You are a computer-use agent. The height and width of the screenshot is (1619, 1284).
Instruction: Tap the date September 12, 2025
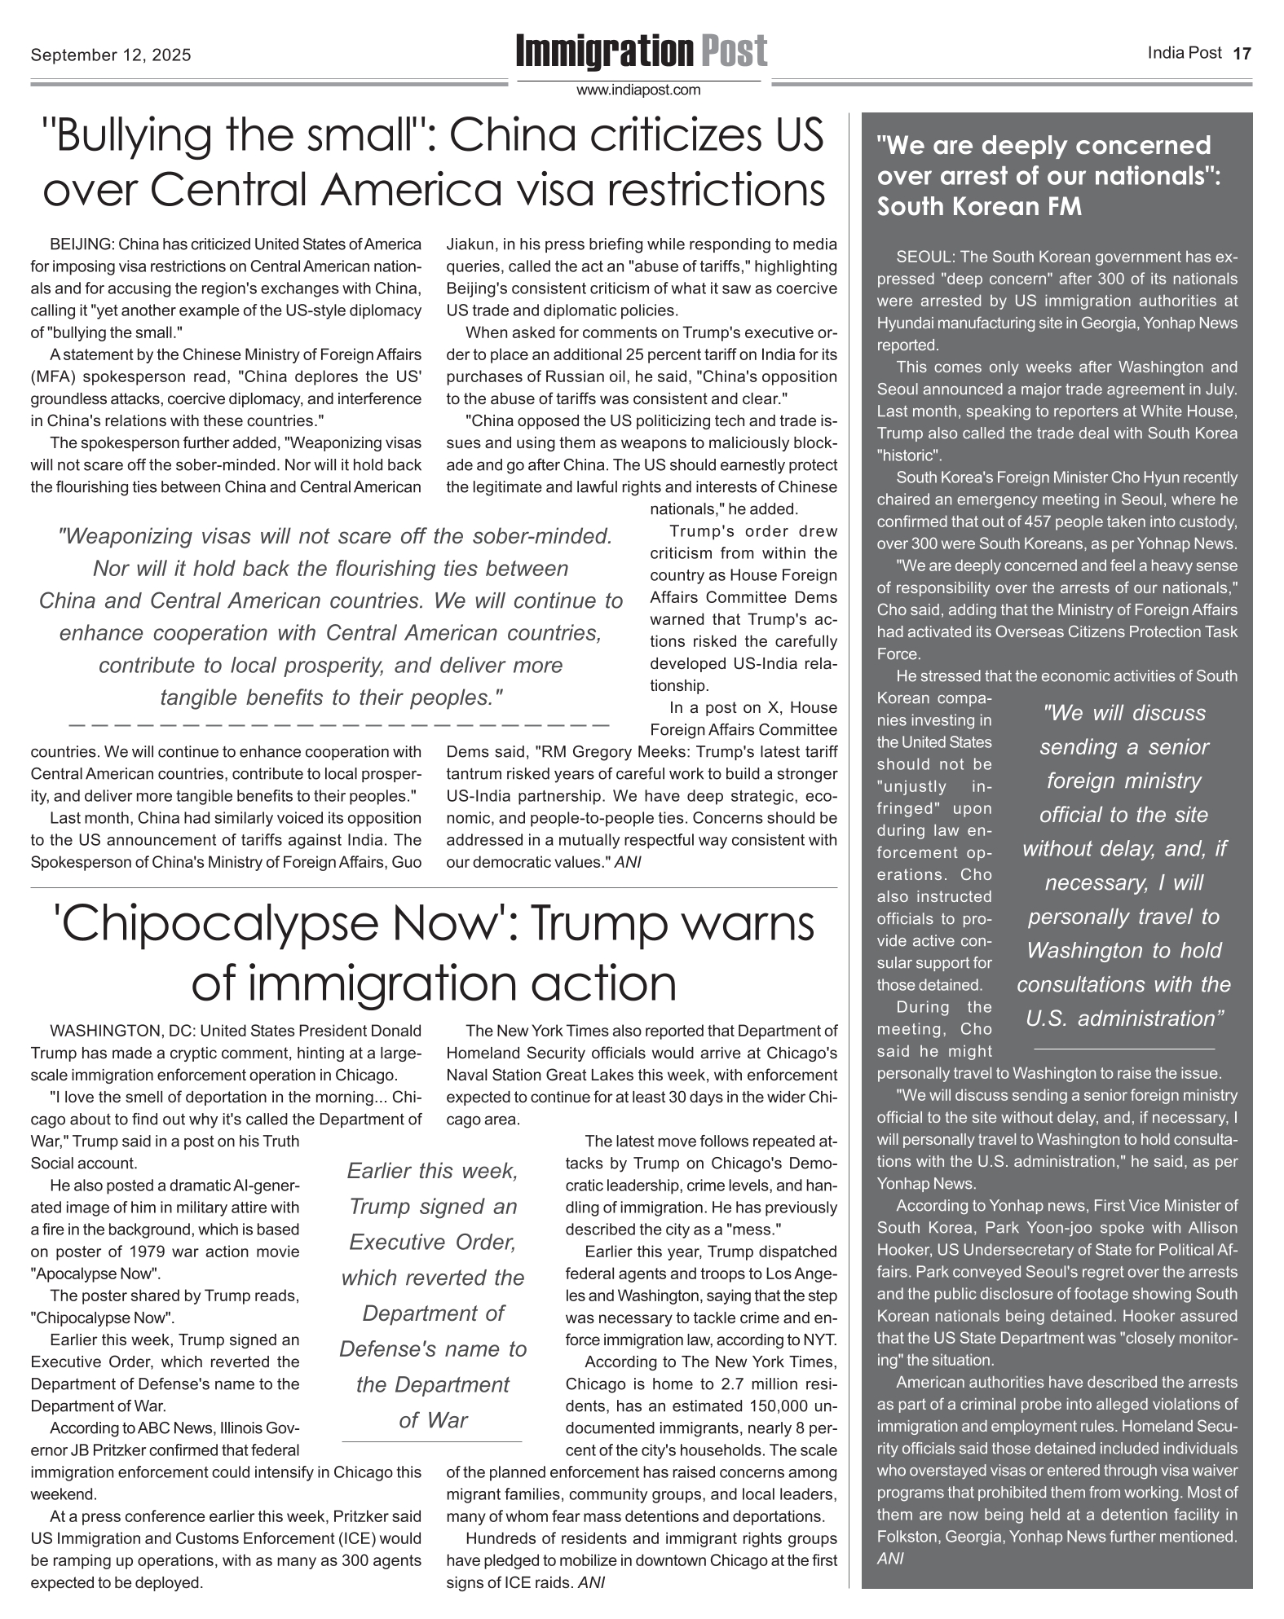[x=111, y=55]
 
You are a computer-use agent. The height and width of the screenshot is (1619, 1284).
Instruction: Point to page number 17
[x=1242, y=55]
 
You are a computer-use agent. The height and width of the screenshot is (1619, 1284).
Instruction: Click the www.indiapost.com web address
[x=638, y=90]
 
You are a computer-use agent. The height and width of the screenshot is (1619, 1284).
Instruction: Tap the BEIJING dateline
[x=80, y=244]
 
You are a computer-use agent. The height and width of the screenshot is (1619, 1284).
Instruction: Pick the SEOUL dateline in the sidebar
[x=924, y=257]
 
